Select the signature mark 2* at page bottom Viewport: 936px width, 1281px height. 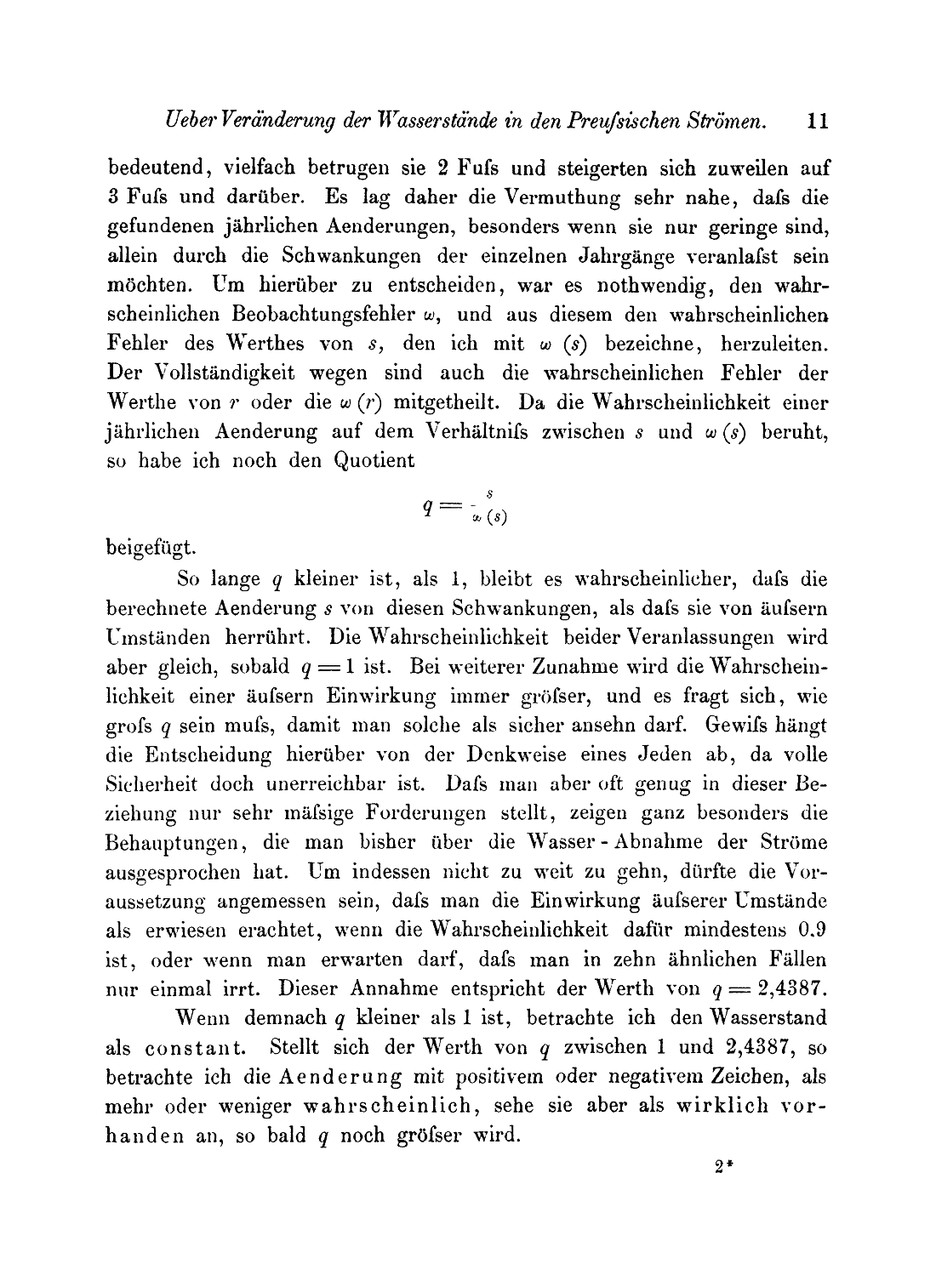click(724, 1169)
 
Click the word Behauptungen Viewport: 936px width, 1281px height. click(176, 842)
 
